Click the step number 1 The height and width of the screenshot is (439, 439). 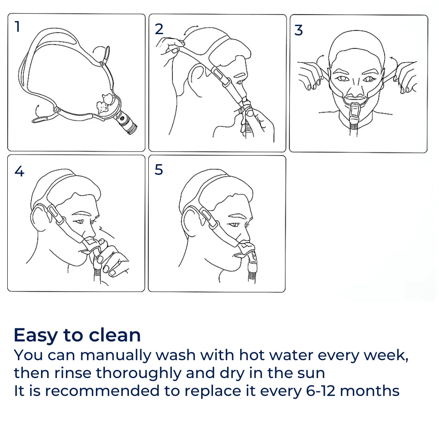[x=17, y=27]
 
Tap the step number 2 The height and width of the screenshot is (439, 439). [x=159, y=29]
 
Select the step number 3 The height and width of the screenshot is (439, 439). [x=298, y=30]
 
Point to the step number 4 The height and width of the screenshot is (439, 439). [x=20, y=172]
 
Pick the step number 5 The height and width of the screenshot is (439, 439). [x=159, y=170]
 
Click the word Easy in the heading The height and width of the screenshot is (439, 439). [x=35, y=336]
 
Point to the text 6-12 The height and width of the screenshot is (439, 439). [x=320, y=391]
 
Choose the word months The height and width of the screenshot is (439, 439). [x=369, y=391]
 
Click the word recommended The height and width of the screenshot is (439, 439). [x=102, y=391]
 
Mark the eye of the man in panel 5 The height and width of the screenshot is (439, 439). [x=234, y=225]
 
